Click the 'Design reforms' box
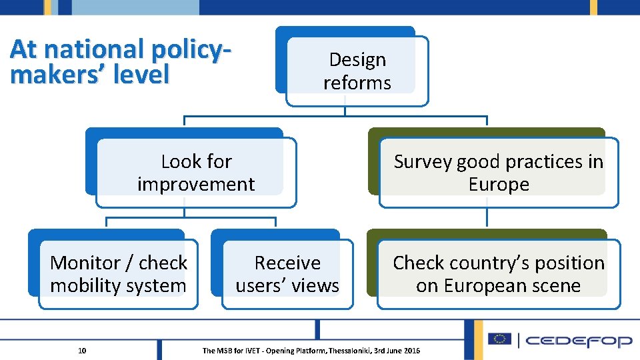pyautogui.click(x=357, y=71)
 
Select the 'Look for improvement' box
pyautogui.click(x=196, y=173)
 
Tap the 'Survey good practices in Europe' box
pyautogui.click(x=498, y=173)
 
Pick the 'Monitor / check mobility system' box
pyautogui.click(x=119, y=274)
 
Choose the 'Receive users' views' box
pyautogui.click(x=287, y=274)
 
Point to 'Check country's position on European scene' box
pyautogui.click(x=498, y=274)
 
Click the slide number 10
pyautogui.click(x=82, y=351)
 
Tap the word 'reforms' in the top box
pyautogui.click(x=357, y=83)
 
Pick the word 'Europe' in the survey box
pyautogui.click(x=498, y=185)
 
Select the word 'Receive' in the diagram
pyautogui.click(x=287, y=263)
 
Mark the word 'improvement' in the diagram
pyautogui.click(x=196, y=185)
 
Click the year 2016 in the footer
pyautogui.click(x=412, y=351)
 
